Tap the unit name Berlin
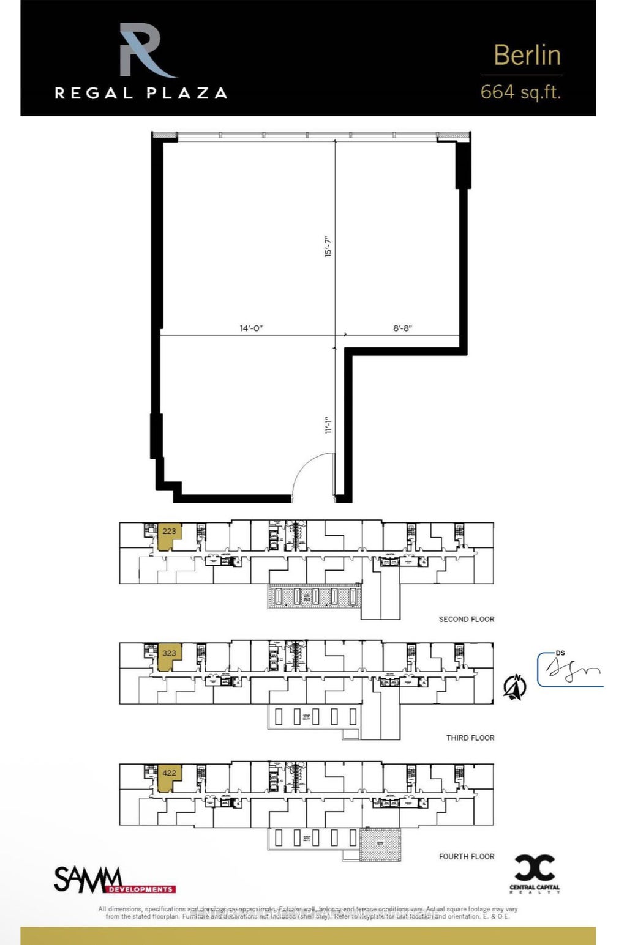point(527,55)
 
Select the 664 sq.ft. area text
point(520,92)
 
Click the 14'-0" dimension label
point(251,328)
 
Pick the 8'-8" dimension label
point(402,328)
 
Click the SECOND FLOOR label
point(466,619)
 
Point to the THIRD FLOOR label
point(470,738)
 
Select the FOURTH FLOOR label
point(466,856)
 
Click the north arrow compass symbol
point(514,687)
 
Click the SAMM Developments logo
point(115,881)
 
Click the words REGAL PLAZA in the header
point(141,94)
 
